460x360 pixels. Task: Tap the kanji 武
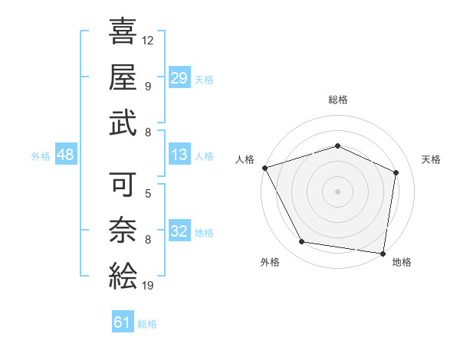123,122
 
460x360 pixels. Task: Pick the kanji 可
123,186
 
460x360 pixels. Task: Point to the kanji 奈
123,231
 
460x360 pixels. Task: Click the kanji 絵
123,275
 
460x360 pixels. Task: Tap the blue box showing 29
179,77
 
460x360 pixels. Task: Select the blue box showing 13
179,155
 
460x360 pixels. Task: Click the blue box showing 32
179,232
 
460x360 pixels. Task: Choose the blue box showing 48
66,155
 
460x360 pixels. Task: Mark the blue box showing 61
123,322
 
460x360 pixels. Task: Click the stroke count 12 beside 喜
148,40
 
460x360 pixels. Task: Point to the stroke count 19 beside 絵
148,286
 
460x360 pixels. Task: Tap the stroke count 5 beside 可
148,195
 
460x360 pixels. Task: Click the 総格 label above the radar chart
338,100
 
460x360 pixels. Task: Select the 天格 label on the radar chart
432,159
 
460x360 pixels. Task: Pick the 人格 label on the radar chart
245,159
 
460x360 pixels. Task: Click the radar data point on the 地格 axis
384,253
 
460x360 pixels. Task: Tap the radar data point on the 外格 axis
302,242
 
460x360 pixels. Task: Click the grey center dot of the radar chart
338,191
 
